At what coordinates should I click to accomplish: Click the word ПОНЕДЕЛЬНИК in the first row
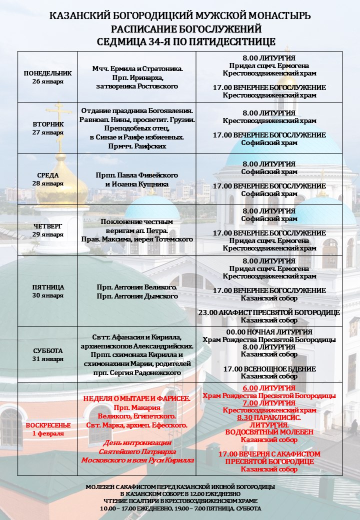(x=48, y=73)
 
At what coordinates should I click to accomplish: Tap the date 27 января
(x=48, y=132)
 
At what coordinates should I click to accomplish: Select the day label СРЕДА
(x=48, y=175)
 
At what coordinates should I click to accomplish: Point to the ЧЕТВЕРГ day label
(x=48, y=226)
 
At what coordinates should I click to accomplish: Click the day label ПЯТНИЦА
(x=48, y=287)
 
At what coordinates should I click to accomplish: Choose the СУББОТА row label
(x=48, y=350)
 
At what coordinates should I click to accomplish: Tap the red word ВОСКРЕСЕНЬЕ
(x=48, y=425)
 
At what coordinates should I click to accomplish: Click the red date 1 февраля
(x=48, y=433)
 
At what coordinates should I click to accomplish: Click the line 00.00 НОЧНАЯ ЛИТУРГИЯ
(x=269, y=332)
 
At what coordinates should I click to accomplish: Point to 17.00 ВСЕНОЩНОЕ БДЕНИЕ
(x=269, y=369)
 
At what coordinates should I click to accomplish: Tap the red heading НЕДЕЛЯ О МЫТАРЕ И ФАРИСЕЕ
(x=137, y=398)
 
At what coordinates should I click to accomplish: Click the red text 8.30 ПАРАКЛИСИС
(x=269, y=417)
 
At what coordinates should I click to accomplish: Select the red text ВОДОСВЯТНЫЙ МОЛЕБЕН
(x=269, y=432)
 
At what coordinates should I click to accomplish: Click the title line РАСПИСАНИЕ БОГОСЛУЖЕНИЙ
(x=180, y=28)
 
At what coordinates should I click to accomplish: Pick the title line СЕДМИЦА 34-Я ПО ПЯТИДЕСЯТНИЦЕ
(x=180, y=41)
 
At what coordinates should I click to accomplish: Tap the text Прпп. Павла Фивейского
(x=137, y=175)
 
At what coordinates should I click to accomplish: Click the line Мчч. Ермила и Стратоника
(x=137, y=68)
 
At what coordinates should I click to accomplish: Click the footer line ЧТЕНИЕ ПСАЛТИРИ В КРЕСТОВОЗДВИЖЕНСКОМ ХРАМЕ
(x=180, y=500)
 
